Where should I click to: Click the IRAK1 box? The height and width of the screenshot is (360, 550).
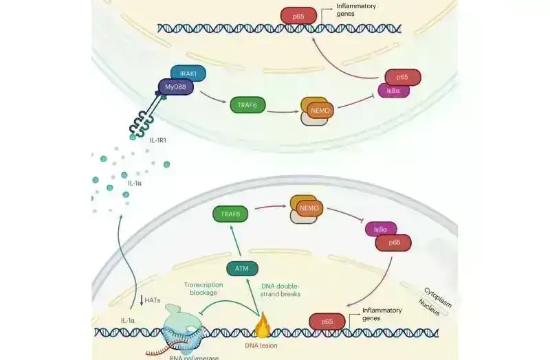tap(188, 73)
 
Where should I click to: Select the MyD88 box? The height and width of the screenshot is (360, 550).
tap(175, 88)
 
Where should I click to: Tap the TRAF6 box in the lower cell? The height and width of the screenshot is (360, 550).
tap(230, 214)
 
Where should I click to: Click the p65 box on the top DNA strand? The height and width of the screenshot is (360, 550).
tap(298, 15)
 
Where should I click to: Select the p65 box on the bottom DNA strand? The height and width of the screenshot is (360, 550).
tap(327, 321)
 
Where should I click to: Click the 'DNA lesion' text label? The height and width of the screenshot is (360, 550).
tap(261, 346)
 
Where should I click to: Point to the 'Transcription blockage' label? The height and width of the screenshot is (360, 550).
tap(204, 289)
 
